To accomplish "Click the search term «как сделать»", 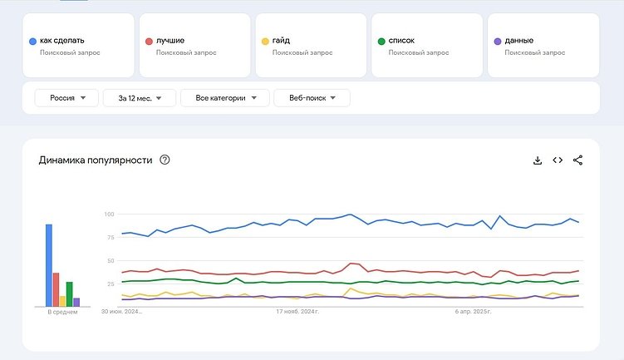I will point(61,40).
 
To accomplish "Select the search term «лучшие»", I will point(170,40).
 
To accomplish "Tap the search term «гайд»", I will point(281,40).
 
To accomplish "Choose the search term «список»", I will point(401,40).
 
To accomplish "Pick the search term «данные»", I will point(518,40).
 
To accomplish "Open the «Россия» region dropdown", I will point(66,98).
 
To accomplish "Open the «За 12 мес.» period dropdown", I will point(139,98).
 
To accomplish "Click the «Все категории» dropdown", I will point(225,98).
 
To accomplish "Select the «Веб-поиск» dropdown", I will point(312,98).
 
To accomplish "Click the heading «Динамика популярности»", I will point(96,160).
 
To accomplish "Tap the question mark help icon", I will point(165,160).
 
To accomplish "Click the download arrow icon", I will point(538,160).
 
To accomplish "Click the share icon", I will point(578,160).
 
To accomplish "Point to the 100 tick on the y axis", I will point(108,215).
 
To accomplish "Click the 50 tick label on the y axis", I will point(110,261).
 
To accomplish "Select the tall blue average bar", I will point(49,265).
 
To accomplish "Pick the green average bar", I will point(70,294).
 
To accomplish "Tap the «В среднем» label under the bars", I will point(62,313).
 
